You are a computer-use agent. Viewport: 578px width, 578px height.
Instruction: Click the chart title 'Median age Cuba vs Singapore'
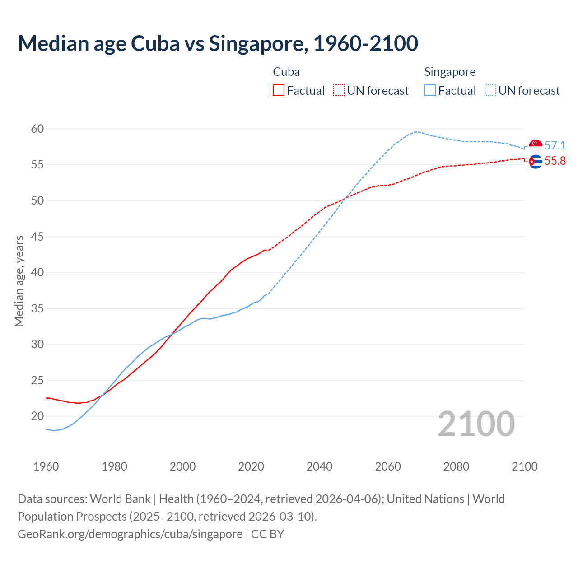[218, 43]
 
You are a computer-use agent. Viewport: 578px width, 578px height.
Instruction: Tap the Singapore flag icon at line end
[536, 145]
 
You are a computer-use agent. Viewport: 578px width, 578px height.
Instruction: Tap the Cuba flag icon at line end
[536, 161]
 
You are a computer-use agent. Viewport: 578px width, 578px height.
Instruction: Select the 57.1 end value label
[555, 145]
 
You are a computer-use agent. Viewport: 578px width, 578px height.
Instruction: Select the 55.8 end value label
[555, 161]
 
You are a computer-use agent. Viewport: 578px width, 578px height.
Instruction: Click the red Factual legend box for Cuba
[279, 91]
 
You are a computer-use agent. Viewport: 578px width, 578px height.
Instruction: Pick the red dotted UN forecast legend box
[339, 91]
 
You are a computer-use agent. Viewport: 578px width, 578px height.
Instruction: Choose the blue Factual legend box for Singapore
[430, 91]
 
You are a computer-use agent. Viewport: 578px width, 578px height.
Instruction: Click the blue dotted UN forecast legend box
[490, 91]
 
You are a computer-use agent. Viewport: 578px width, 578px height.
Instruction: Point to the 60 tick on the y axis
[37, 129]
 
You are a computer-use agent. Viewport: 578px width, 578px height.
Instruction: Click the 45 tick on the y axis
[37, 237]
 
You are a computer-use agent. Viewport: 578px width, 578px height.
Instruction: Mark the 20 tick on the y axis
[37, 416]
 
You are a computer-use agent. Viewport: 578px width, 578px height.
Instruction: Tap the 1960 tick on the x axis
[46, 466]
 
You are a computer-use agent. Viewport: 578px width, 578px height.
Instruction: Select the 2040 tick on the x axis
[319, 466]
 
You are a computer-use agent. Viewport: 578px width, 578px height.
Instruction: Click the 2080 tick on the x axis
[456, 466]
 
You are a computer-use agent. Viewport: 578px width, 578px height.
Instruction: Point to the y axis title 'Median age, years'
[19, 281]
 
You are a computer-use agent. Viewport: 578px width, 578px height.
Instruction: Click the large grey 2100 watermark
[476, 424]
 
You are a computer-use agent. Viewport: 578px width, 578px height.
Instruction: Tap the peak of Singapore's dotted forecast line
[415, 132]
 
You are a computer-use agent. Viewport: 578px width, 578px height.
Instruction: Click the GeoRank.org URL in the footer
[130, 534]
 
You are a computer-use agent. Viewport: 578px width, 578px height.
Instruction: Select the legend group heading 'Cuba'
[286, 72]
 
